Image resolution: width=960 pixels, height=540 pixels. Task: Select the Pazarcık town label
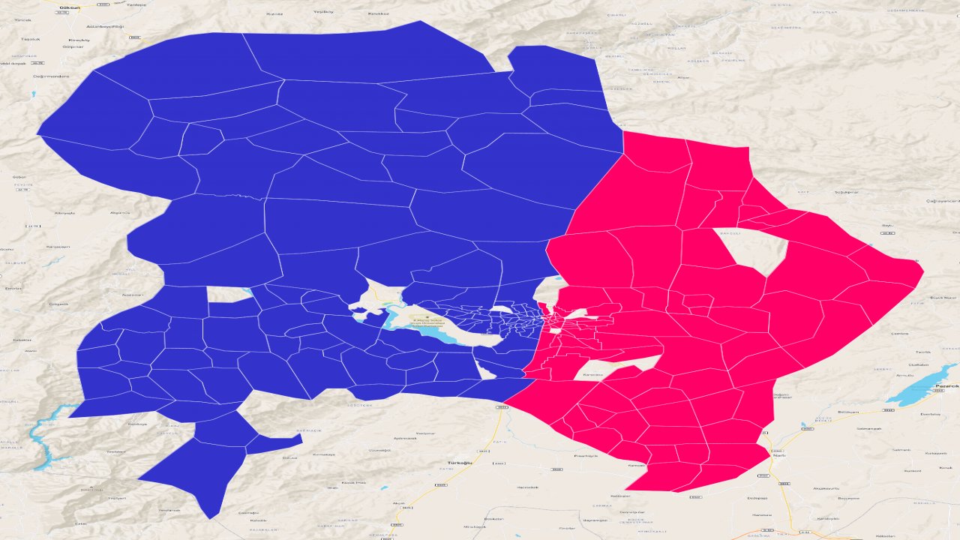pyautogui.click(x=947, y=386)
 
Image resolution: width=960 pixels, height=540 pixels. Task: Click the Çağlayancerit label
pyautogui.click(x=942, y=201)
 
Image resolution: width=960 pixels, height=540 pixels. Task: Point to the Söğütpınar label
pyautogui.click(x=845, y=192)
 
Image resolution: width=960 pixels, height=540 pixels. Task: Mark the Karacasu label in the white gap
pyautogui.click(x=592, y=373)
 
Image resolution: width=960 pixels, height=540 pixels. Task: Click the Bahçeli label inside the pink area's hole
pyautogui.click(x=730, y=233)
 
